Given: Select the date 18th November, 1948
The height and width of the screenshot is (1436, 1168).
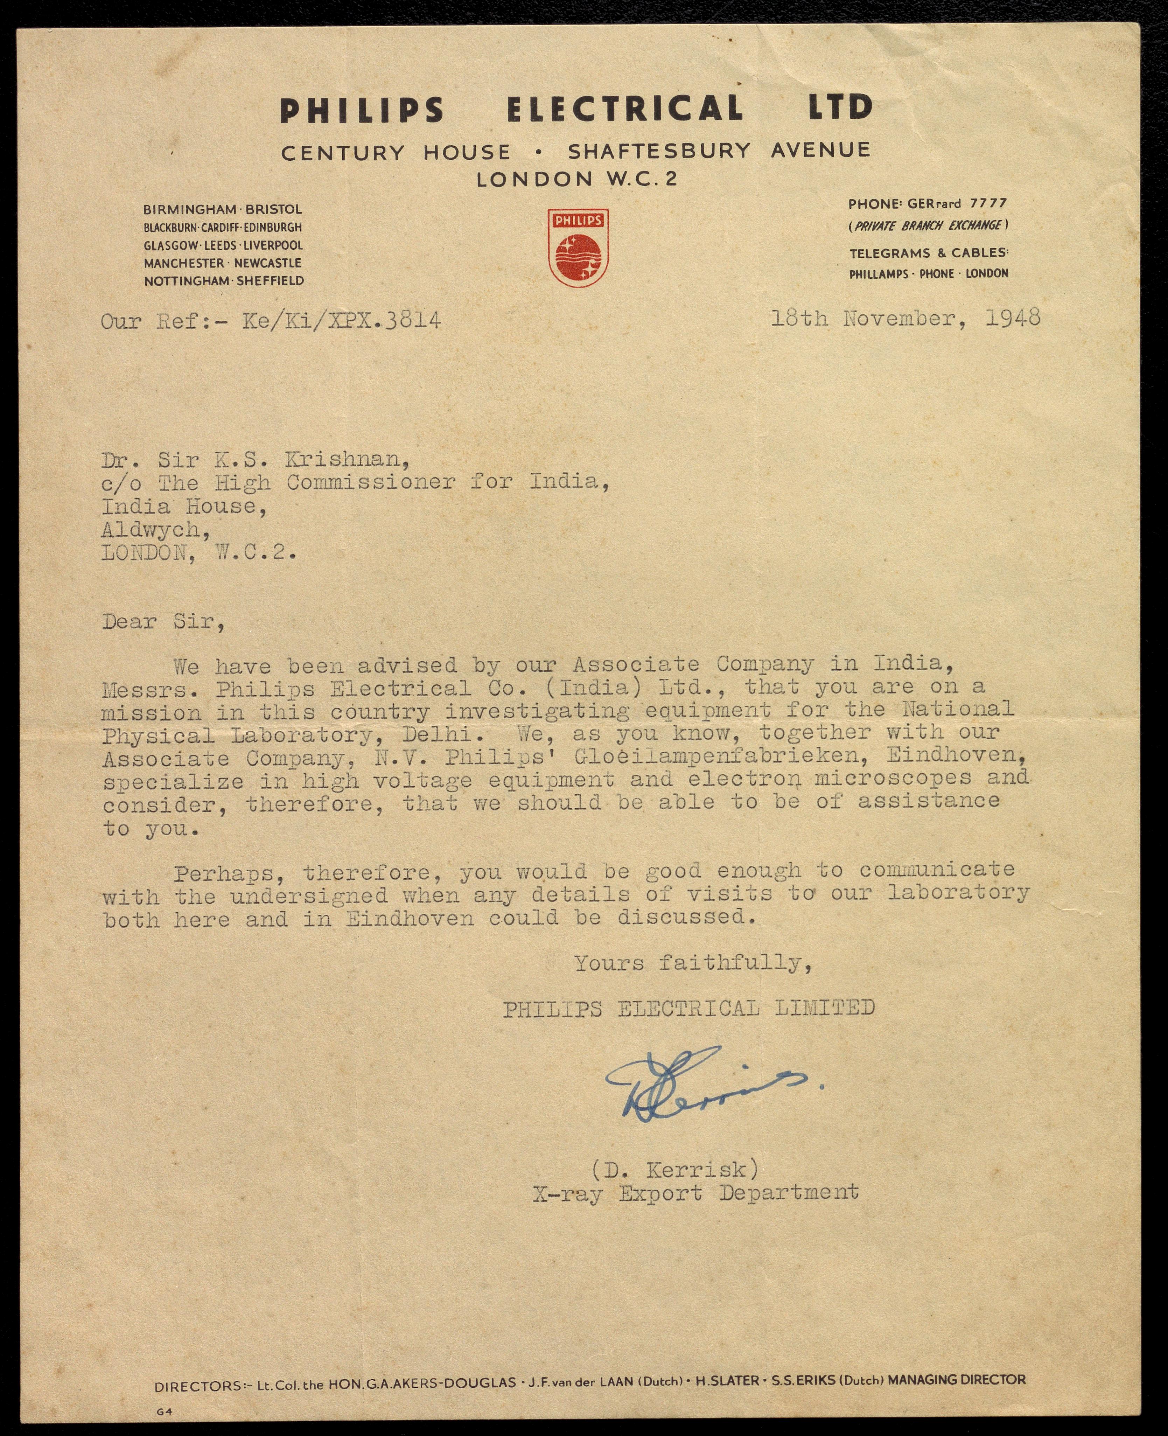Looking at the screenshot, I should click(x=905, y=318).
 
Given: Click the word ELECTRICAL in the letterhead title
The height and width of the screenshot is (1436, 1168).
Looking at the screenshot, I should click(x=626, y=109).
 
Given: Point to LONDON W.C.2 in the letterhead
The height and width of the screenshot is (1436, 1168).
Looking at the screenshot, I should click(x=576, y=179).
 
